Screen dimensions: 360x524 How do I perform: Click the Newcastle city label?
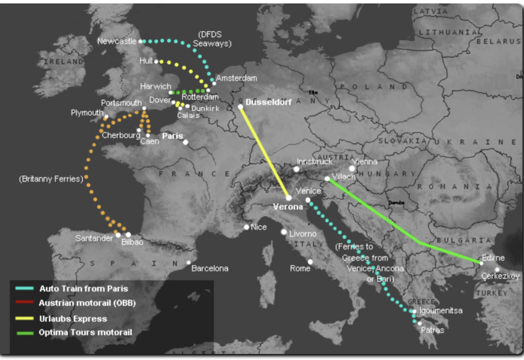[116, 41]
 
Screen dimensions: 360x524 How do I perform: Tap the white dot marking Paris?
[185, 142]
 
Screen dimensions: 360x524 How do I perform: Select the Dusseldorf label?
[269, 103]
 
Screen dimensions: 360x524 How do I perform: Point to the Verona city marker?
[289, 197]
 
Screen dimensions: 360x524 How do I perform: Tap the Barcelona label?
[209, 268]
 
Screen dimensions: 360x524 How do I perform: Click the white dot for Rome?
[310, 262]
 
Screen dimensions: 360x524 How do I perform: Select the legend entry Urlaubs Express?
[73, 319]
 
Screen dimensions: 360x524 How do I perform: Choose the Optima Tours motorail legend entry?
[85, 332]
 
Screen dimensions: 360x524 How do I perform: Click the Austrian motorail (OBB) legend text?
[87, 304]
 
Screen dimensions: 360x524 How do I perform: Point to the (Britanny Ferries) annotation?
[50, 179]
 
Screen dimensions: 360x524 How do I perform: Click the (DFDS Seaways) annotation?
[214, 38]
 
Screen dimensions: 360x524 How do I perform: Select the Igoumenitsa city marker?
[414, 311]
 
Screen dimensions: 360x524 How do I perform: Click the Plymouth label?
[87, 113]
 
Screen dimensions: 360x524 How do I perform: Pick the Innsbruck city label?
[314, 162]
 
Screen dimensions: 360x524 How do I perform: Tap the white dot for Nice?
[247, 227]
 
